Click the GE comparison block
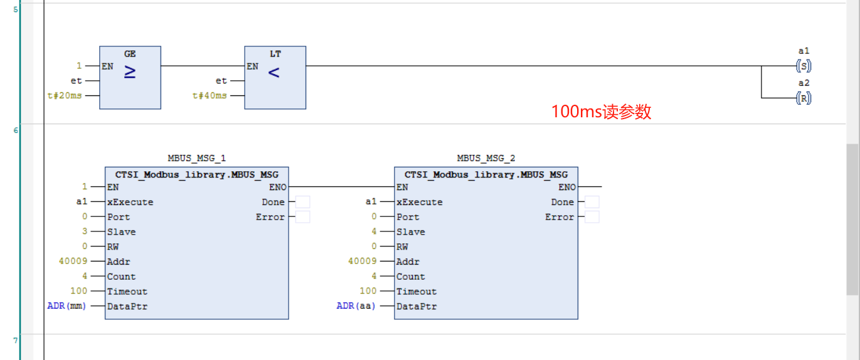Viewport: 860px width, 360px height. coord(130,78)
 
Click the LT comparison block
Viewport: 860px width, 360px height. coord(275,78)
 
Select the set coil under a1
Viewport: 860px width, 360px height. coord(804,66)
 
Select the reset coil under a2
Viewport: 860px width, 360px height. coord(804,98)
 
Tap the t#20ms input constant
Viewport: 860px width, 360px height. coord(65,95)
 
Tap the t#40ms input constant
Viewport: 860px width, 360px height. coord(210,95)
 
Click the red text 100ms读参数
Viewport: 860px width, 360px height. coord(601,112)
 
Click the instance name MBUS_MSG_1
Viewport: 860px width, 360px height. coord(196,158)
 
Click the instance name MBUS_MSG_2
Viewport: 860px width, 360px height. coord(486,158)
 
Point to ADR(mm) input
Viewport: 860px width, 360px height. coord(66,306)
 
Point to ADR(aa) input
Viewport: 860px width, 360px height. coord(356,306)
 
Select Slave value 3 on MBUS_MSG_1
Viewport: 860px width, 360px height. coord(85,231)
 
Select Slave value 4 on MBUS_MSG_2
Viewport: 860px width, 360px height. coord(374,231)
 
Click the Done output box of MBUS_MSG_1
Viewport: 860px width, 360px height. coord(302,202)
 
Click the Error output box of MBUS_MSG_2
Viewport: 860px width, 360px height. coord(592,217)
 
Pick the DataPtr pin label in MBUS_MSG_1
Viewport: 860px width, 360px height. coord(127,306)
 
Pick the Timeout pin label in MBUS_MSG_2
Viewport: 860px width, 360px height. coord(417,291)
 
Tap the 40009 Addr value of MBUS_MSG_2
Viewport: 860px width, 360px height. coord(363,261)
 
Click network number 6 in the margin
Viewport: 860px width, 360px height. coord(16,130)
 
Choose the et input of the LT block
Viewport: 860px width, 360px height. coord(221,81)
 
